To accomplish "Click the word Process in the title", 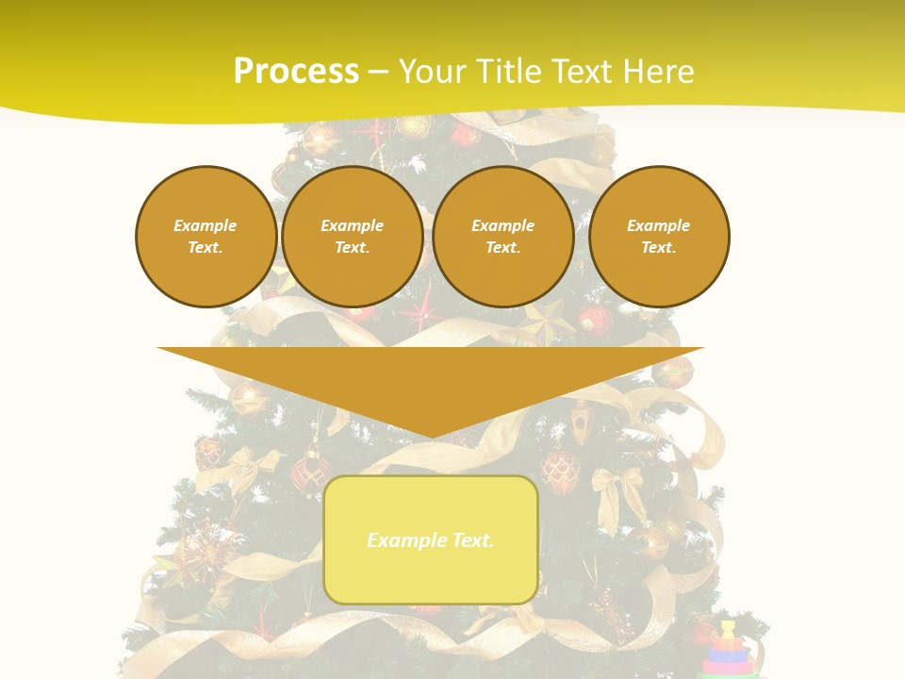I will tap(296, 72).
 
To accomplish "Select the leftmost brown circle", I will tap(206, 236).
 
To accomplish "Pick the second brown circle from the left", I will tap(352, 236).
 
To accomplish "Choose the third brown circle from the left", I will tap(502, 236).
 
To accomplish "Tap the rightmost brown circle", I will tap(658, 236).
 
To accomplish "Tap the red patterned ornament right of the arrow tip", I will tap(560, 470).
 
